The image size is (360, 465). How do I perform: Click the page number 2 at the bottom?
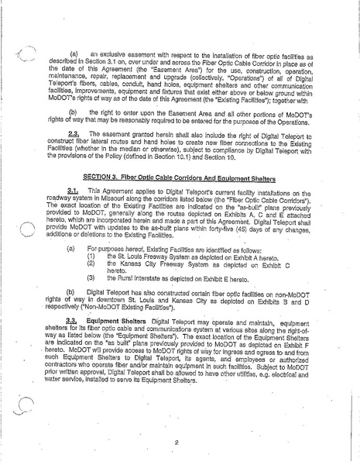178,443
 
